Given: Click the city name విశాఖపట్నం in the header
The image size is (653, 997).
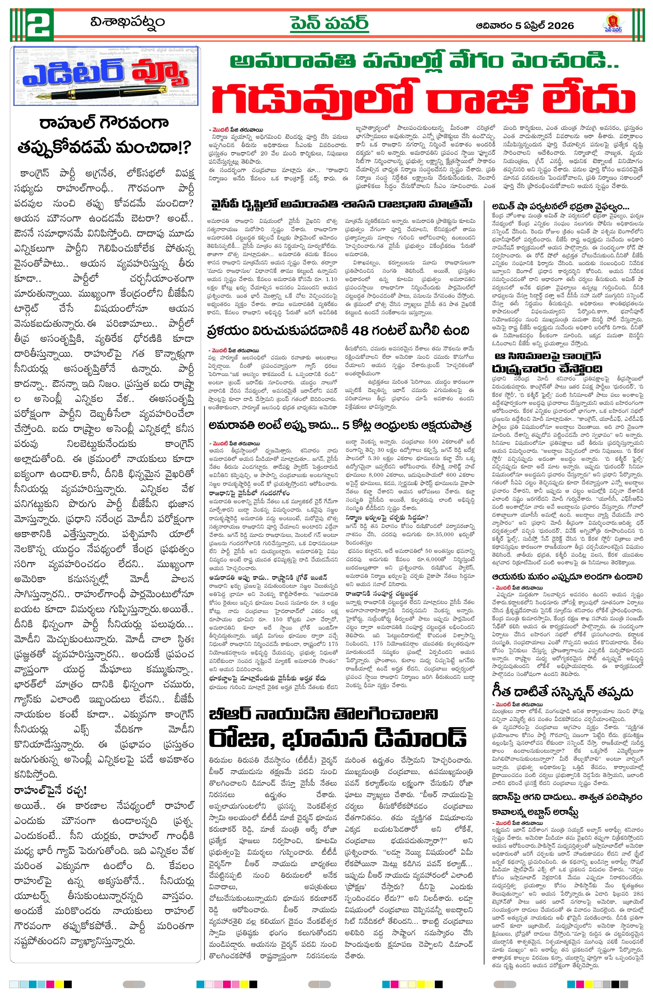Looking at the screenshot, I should tap(127, 22).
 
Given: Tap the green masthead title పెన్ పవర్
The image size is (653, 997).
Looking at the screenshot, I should tap(329, 23).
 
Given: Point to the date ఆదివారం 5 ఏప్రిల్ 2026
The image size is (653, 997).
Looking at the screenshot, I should tap(525, 26).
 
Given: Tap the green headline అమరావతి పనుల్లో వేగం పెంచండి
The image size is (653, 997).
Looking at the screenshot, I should tap(423, 62).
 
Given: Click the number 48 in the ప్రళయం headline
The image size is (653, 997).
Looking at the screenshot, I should tap(360, 331).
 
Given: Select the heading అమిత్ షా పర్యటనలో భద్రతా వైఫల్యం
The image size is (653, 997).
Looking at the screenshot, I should tap(560, 207).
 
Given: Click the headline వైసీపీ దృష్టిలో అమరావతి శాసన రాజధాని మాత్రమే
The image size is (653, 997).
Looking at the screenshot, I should tap(342, 204).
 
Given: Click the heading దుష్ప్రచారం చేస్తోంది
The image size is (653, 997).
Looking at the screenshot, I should tap(547, 369).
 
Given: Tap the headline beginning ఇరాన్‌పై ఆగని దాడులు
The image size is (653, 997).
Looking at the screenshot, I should tap(567, 797).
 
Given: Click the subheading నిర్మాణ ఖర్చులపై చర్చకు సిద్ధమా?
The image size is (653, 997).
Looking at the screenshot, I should tap(386, 517).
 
